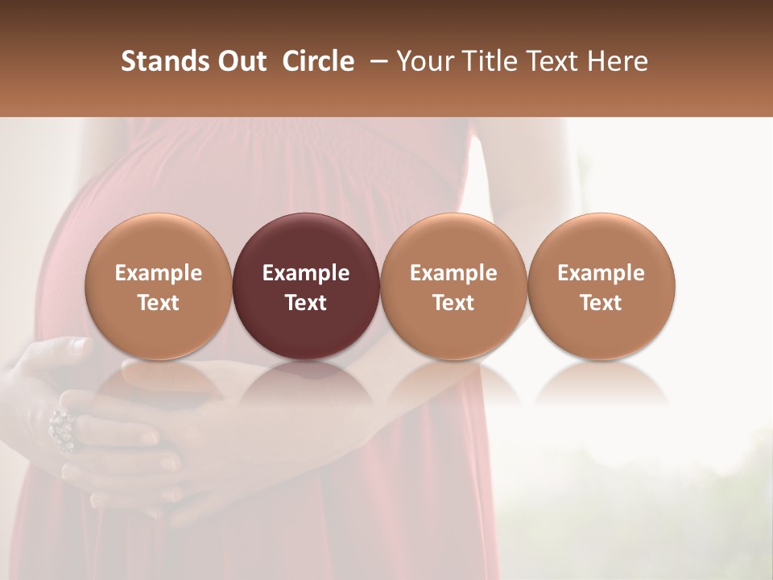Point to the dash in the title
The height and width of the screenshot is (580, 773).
point(375,61)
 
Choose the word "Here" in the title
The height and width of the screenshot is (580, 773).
point(618,61)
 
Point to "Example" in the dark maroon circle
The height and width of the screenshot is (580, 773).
point(306,273)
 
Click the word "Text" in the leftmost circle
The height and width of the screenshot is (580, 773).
point(159,303)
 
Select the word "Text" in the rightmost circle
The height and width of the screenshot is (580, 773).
point(601,303)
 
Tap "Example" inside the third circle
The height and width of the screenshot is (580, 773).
point(453,273)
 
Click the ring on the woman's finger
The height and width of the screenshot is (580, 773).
point(62,429)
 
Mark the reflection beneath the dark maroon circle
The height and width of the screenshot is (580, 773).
point(306,383)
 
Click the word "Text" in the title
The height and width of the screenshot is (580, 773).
point(553,61)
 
